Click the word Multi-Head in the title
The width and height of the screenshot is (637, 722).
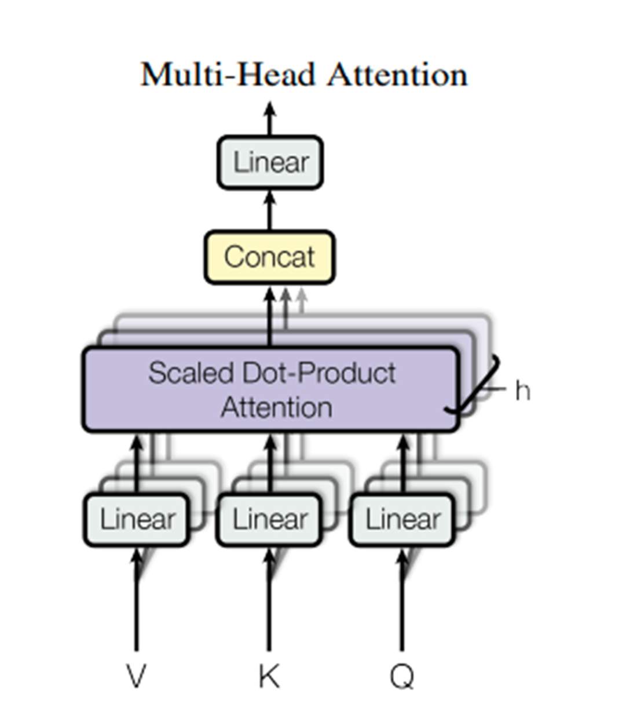229,75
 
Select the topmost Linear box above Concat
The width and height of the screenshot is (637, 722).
270,162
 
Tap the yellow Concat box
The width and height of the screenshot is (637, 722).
269,257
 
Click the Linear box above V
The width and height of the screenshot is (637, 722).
137,519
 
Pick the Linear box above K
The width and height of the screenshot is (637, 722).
269,519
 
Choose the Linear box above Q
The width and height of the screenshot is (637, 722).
402,519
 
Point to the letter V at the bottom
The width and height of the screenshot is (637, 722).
136,676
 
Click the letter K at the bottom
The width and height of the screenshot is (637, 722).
269,676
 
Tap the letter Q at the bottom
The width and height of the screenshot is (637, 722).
402,676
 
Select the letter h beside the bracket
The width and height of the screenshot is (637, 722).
522,391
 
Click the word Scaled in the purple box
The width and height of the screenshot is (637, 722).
191,373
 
